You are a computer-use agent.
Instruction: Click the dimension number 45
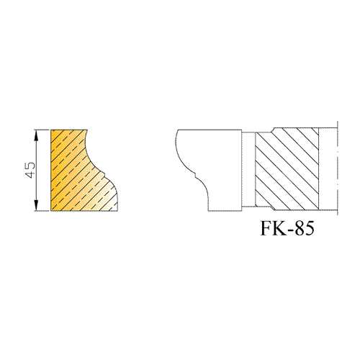coord(30,170)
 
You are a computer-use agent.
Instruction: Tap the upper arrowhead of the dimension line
coord(36,135)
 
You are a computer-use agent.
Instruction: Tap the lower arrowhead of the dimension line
coord(36,205)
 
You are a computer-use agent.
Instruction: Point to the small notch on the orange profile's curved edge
coord(104,173)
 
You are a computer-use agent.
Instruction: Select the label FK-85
coord(287,228)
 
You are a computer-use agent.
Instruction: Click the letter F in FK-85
coord(266,228)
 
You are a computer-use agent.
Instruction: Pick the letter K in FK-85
coord(277,228)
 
